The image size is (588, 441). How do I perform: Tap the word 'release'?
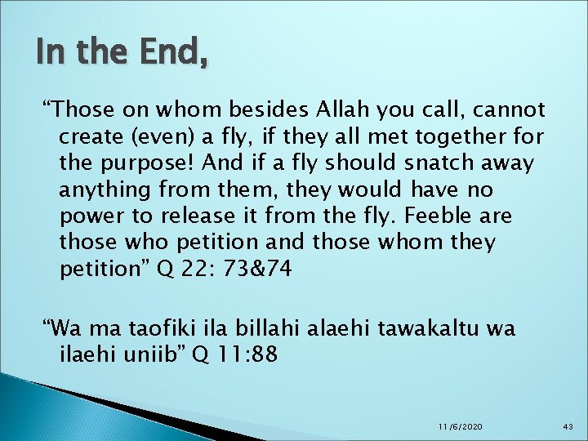tap(194, 216)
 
